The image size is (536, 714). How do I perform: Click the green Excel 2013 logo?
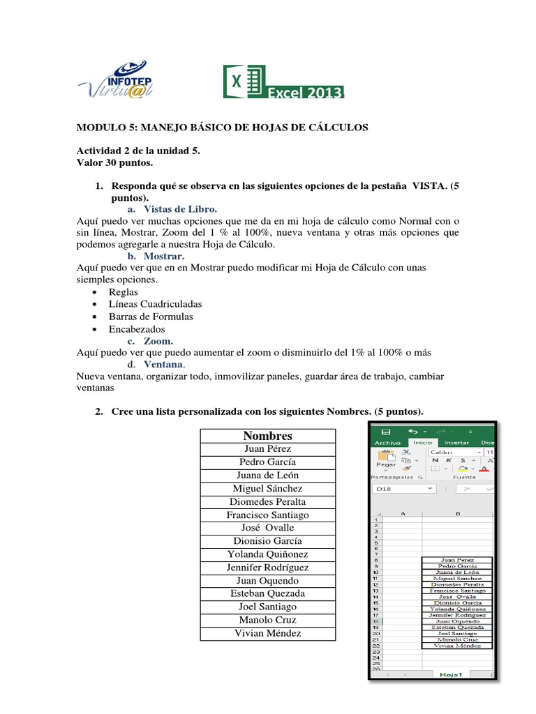283,82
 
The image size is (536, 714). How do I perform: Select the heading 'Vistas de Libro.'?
181,208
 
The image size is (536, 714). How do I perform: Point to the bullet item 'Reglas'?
124,291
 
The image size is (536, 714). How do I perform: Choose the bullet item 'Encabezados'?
137,328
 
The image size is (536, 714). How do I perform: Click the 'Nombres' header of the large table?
268,436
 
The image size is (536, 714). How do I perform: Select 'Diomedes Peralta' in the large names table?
268,501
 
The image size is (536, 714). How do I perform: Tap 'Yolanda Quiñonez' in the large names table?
268,554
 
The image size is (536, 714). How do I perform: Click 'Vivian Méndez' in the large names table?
268,633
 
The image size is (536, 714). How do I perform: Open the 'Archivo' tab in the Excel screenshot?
388,442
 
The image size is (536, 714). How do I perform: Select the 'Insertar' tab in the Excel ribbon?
456,442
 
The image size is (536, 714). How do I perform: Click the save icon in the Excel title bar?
385,432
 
